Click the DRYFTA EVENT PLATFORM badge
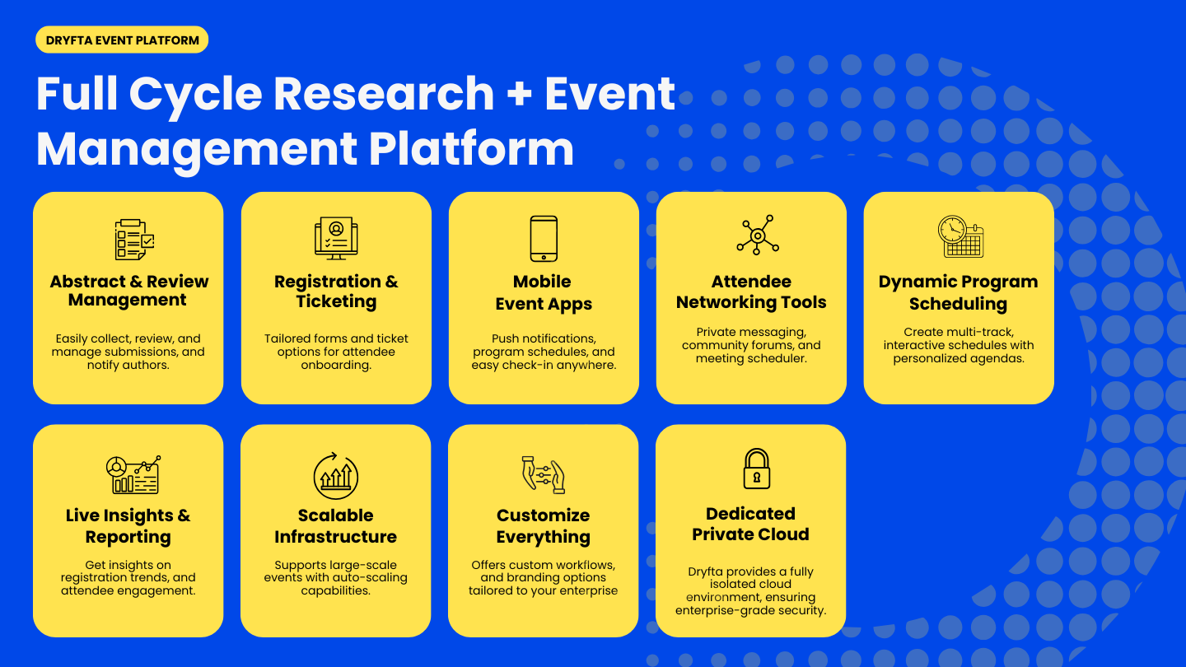tap(122, 40)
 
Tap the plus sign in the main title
tap(519, 93)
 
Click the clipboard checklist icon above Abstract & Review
tap(134, 240)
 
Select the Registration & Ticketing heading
tap(336, 292)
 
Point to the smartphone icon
tap(544, 239)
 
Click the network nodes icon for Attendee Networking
tap(757, 236)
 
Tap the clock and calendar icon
tap(960, 237)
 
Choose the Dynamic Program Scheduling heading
tap(958, 292)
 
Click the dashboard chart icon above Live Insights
tap(133, 474)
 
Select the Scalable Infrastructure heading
tap(335, 526)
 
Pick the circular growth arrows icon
tap(336, 475)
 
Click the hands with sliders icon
tap(543, 474)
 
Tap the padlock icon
tap(756, 469)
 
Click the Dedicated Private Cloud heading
tap(750, 524)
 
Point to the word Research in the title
tap(383, 93)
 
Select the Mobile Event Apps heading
tap(544, 292)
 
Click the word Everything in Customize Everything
tap(543, 537)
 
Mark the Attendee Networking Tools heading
tap(751, 292)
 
